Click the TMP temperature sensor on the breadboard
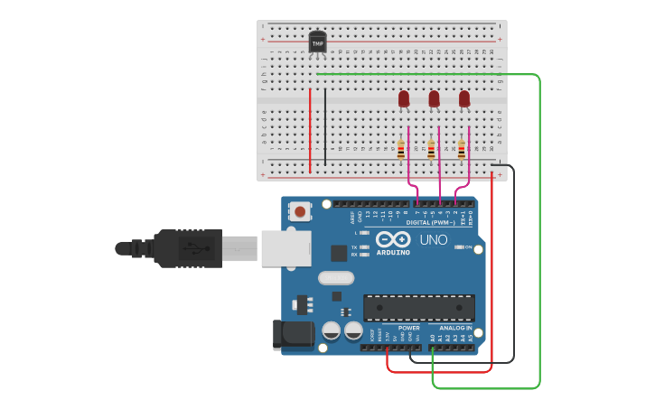click(x=317, y=42)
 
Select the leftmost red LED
click(x=404, y=98)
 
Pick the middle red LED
click(x=435, y=98)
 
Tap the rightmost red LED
click(x=464, y=98)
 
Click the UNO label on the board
click(x=434, y=240)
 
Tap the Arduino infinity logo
click(x=393, y=240)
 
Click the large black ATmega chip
click(x=418, y=308)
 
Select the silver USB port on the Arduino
click(x=285, y=248)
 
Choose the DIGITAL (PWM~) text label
click(x=431, y=222)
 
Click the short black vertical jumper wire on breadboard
click(x=325, y=126)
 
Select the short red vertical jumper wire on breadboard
click(x=310, y=129)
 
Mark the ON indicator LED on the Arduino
click(x=460, y=246)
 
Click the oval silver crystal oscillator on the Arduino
click(x=334, y=278)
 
